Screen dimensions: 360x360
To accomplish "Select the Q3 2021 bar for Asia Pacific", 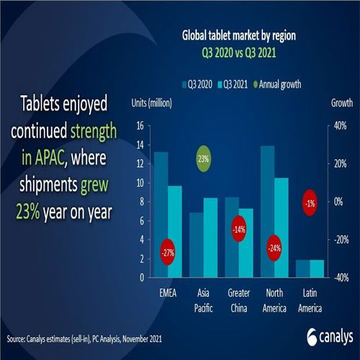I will (210, 238).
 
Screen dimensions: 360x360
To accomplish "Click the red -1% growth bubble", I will (310, 203).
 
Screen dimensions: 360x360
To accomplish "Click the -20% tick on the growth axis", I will (336, 240).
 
